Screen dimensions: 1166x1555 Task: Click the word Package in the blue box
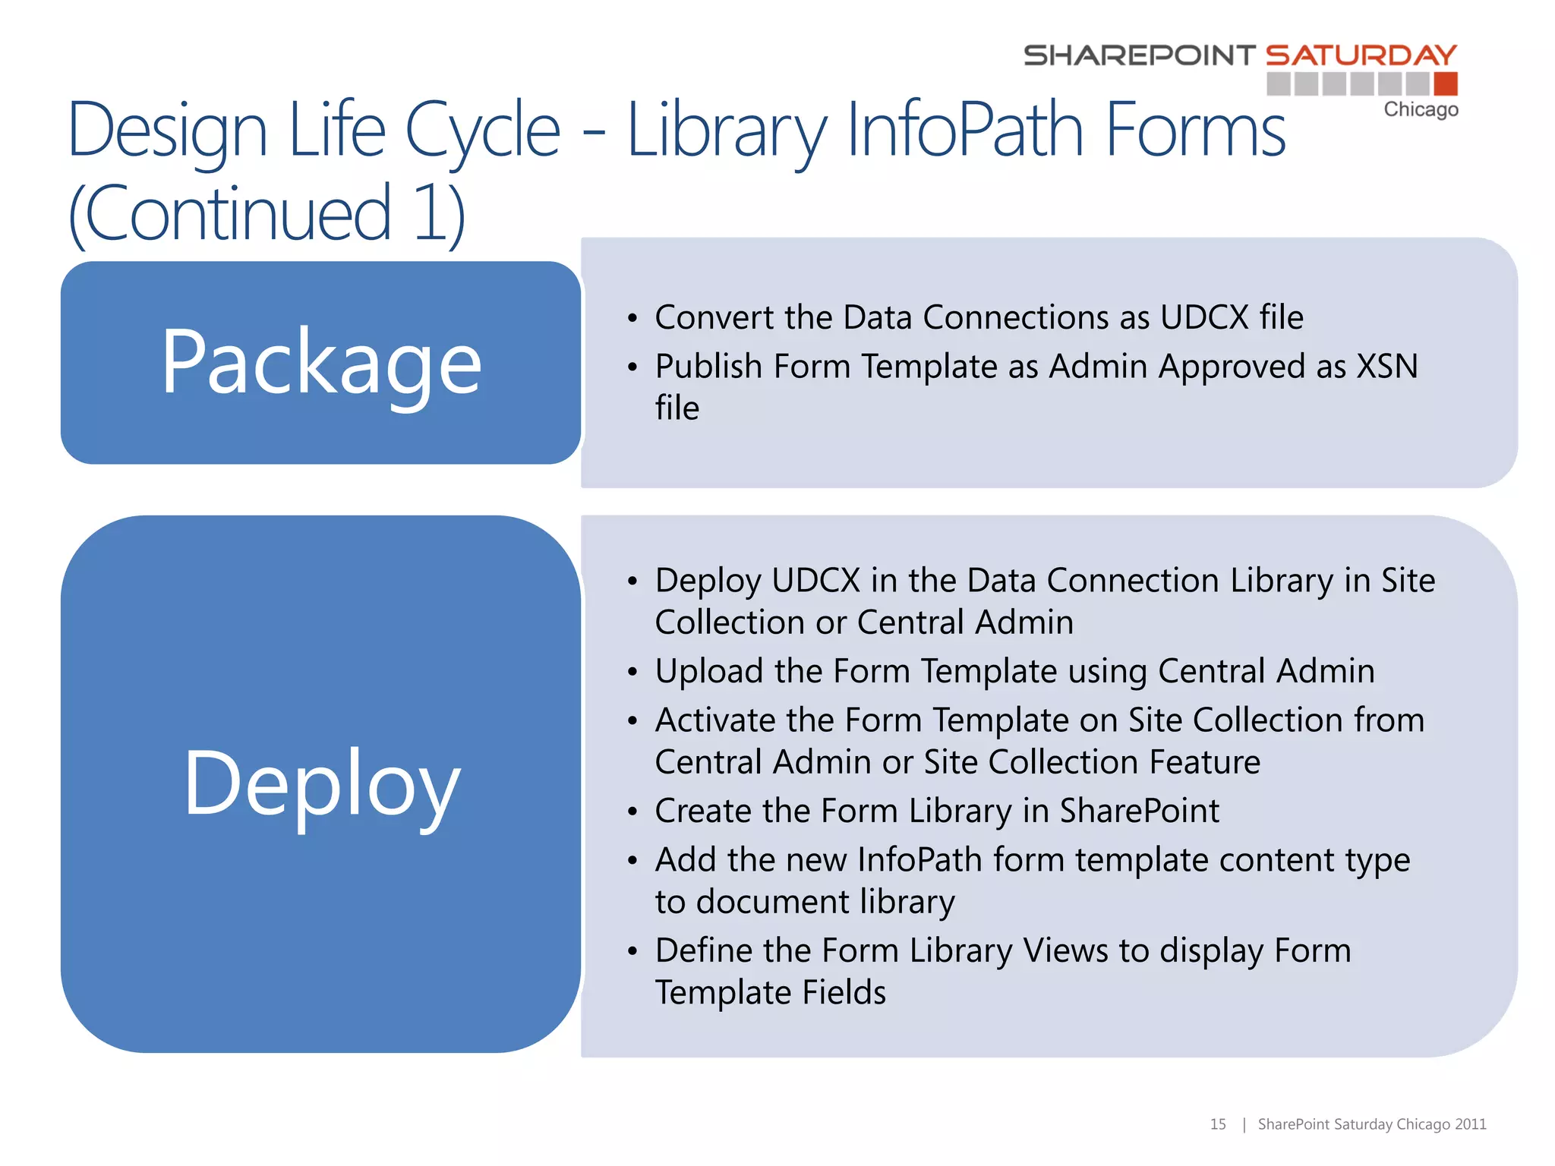(321, 363)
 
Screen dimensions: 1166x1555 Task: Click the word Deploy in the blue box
(321, 784)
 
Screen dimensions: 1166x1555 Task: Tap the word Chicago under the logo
(1421, 109)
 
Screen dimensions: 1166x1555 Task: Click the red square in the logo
(1446, 84)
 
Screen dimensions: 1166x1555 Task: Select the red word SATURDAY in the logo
(1361, 55)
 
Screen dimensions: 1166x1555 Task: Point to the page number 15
(1218, 1124)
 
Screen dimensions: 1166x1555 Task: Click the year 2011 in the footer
(1471, 1124)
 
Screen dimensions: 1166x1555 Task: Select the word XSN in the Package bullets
(1387, 367)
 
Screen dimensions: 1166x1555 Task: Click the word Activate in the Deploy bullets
(714, 720)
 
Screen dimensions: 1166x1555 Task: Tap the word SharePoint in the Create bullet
(1139, 811)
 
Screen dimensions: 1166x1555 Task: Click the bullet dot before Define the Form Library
(632, 952)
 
